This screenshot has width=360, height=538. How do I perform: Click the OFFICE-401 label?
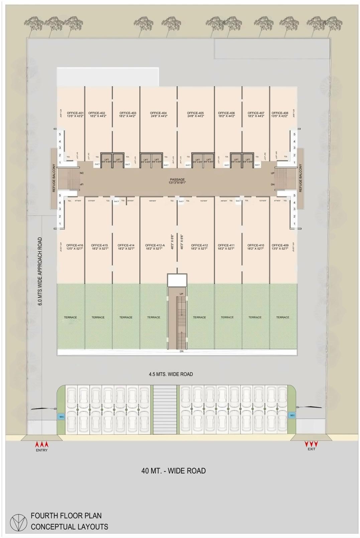click(75, 113)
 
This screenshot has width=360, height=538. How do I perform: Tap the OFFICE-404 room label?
click(158, 113)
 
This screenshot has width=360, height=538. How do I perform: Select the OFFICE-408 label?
click(280, 113)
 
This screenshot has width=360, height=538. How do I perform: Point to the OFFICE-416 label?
click(75, 245)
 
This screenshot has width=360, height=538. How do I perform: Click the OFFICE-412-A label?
click(155, 245)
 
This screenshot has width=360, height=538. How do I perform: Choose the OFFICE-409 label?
click(280, 245)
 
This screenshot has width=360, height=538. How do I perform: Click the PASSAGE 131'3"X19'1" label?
click(177, 181)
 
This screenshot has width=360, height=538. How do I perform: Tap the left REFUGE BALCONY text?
click(54, 178)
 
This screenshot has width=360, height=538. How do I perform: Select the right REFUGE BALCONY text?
click(301, 178)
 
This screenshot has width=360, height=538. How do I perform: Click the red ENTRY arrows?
click(42, 444)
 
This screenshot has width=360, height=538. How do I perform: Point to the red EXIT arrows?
click(311, 444)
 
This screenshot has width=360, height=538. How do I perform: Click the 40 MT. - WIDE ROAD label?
click(173, 471)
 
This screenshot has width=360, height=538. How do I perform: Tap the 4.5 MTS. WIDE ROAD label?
click(171, 374)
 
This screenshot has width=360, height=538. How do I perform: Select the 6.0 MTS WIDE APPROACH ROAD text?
click(40, 272)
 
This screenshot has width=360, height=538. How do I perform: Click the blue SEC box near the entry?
click(62, 417)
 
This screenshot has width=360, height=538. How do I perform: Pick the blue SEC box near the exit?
click(292, 415)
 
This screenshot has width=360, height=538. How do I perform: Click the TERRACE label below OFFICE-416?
click(71, 317)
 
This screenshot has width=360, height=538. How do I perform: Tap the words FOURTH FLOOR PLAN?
click(66, 516)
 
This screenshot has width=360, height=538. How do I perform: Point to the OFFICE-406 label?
click(227, 113)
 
